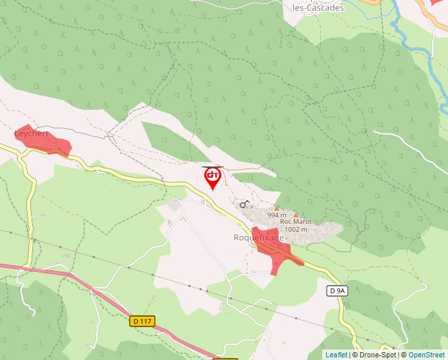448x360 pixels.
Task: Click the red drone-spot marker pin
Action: click(212, 177)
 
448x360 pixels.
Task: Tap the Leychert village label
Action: click(32, 134)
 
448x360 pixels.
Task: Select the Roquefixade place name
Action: click(258, 237)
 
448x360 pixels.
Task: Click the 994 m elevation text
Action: click(277, 215)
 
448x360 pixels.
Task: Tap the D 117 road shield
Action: click(142, 321)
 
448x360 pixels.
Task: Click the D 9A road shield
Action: click(337, 290)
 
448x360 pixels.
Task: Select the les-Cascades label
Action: click(318, 8)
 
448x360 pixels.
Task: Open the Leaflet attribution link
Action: click(336, 355)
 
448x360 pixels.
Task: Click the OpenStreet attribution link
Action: click(426, 355)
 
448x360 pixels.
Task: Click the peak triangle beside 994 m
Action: click(267, 208)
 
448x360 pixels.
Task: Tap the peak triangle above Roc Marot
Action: click(296, 215)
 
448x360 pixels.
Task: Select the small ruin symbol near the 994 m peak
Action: click(244, 205)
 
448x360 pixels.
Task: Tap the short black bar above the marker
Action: click(212, 167)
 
